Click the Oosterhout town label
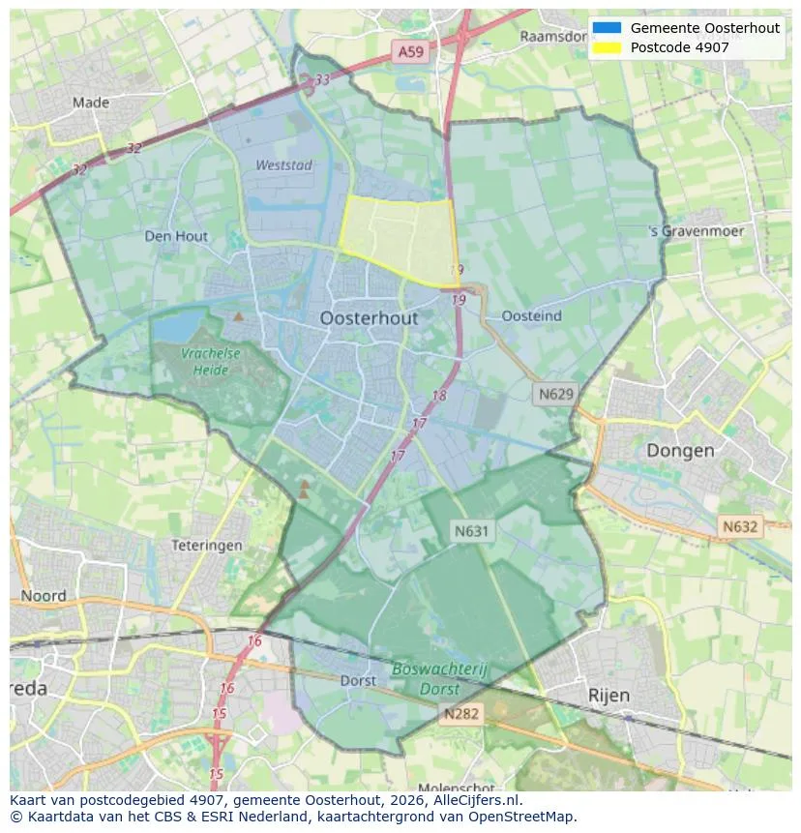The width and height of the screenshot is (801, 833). [369, 318]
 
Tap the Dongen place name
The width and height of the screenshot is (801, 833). [680, 451]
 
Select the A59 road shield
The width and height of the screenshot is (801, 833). [409, 52]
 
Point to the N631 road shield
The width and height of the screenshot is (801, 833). [472, 530]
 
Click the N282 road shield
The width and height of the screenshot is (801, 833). [460, 714]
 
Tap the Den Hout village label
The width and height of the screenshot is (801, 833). [176, 236]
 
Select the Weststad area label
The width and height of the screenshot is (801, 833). [284, 165]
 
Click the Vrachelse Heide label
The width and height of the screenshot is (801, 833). [210, 362]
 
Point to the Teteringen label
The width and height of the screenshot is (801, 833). [207, 546]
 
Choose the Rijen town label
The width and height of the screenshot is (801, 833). [608, 696]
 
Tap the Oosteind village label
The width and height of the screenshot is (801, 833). [532, 316]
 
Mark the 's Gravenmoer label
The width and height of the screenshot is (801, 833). [697, 232]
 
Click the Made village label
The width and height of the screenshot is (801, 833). [91, 102]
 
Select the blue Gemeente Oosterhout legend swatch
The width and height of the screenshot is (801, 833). [608, 28]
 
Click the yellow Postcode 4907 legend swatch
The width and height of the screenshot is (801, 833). [608, 47]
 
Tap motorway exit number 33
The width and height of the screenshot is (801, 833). [322, 79]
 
